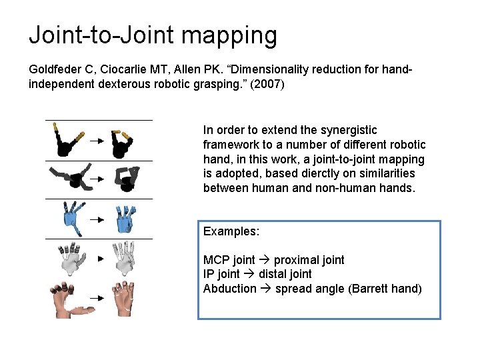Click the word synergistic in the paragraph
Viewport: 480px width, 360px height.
pos(347,130)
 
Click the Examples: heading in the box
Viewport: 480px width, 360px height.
pos(231,231)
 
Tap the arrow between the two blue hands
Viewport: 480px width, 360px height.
pos(97,219)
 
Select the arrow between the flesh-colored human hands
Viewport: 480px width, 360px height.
pos(97,300)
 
